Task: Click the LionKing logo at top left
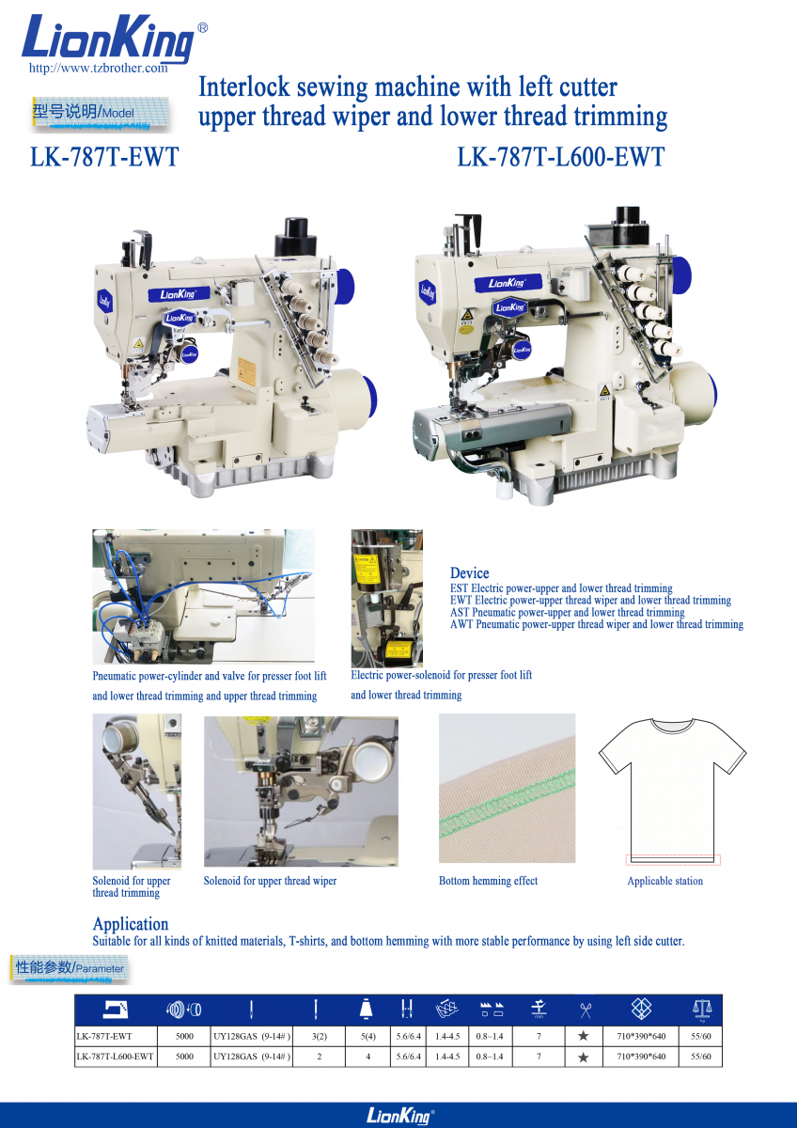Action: (108, 39)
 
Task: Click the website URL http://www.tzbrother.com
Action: (98, 68)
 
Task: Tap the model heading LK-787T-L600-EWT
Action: (561, 157)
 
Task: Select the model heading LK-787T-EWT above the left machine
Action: (104, 157)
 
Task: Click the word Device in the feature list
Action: (469, 573)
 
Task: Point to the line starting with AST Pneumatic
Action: (568, 612)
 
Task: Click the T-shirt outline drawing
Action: (672, 791)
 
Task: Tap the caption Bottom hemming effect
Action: (488, 881)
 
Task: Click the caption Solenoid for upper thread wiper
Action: (270, 881)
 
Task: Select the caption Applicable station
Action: (665, 881)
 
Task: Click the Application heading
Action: (131, 923)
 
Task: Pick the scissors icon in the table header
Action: (585, 1010)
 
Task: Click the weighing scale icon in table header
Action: (702, 1009)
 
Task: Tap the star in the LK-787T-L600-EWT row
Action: (583, 1057)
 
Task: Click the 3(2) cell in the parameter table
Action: (320, 1036)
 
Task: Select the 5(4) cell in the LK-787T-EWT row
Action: (368, 1036)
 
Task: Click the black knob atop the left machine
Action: (295, 236)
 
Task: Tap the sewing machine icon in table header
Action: (116, 1010)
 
